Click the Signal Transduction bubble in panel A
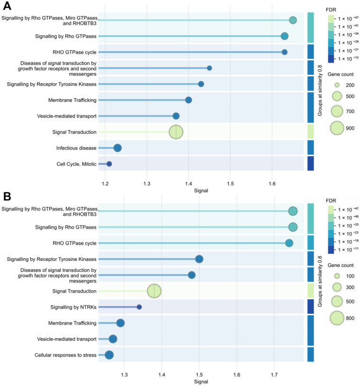pyautogui.click(x=176, y=132)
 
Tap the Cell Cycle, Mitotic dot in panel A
pyautogui.click(x=109, y=164)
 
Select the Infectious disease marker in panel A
pyautogui.click(x=118, y=148)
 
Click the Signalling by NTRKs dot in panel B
pyautogui.click(x=139, y=307)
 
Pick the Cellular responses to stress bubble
pyautogui.click(x=109, y=355)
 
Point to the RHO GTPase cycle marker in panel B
pyautogui.click(x=289, y=243)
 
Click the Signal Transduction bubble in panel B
pyautogui.click(x=154, y=291)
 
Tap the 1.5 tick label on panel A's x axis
pyautogui.click(x=230, y=184)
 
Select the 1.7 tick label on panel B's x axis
pyautogui.click(x=274, y=375)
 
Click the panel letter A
pyautogui.click(x=7, y=6)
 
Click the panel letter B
pyautogui.click(x=7, y=196)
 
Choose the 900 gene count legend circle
pyautogui.click(x=337, y=128)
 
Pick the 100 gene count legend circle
pyautogui.click(x=337, y=276)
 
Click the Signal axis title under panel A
pyautogui.click(x=201, y=191)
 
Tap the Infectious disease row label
pyautogui.click(x=76, y=148)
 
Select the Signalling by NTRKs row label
pyautogui.click(x=74, y=307)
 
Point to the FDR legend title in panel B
pyautogui.click(x=331, y=201)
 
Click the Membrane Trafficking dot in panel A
pyautogui.click(x=188, y=100)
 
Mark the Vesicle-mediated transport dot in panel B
pyautogui.click(x=113, y=339)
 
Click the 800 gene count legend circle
pyautogui.click(x=337, y=318)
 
